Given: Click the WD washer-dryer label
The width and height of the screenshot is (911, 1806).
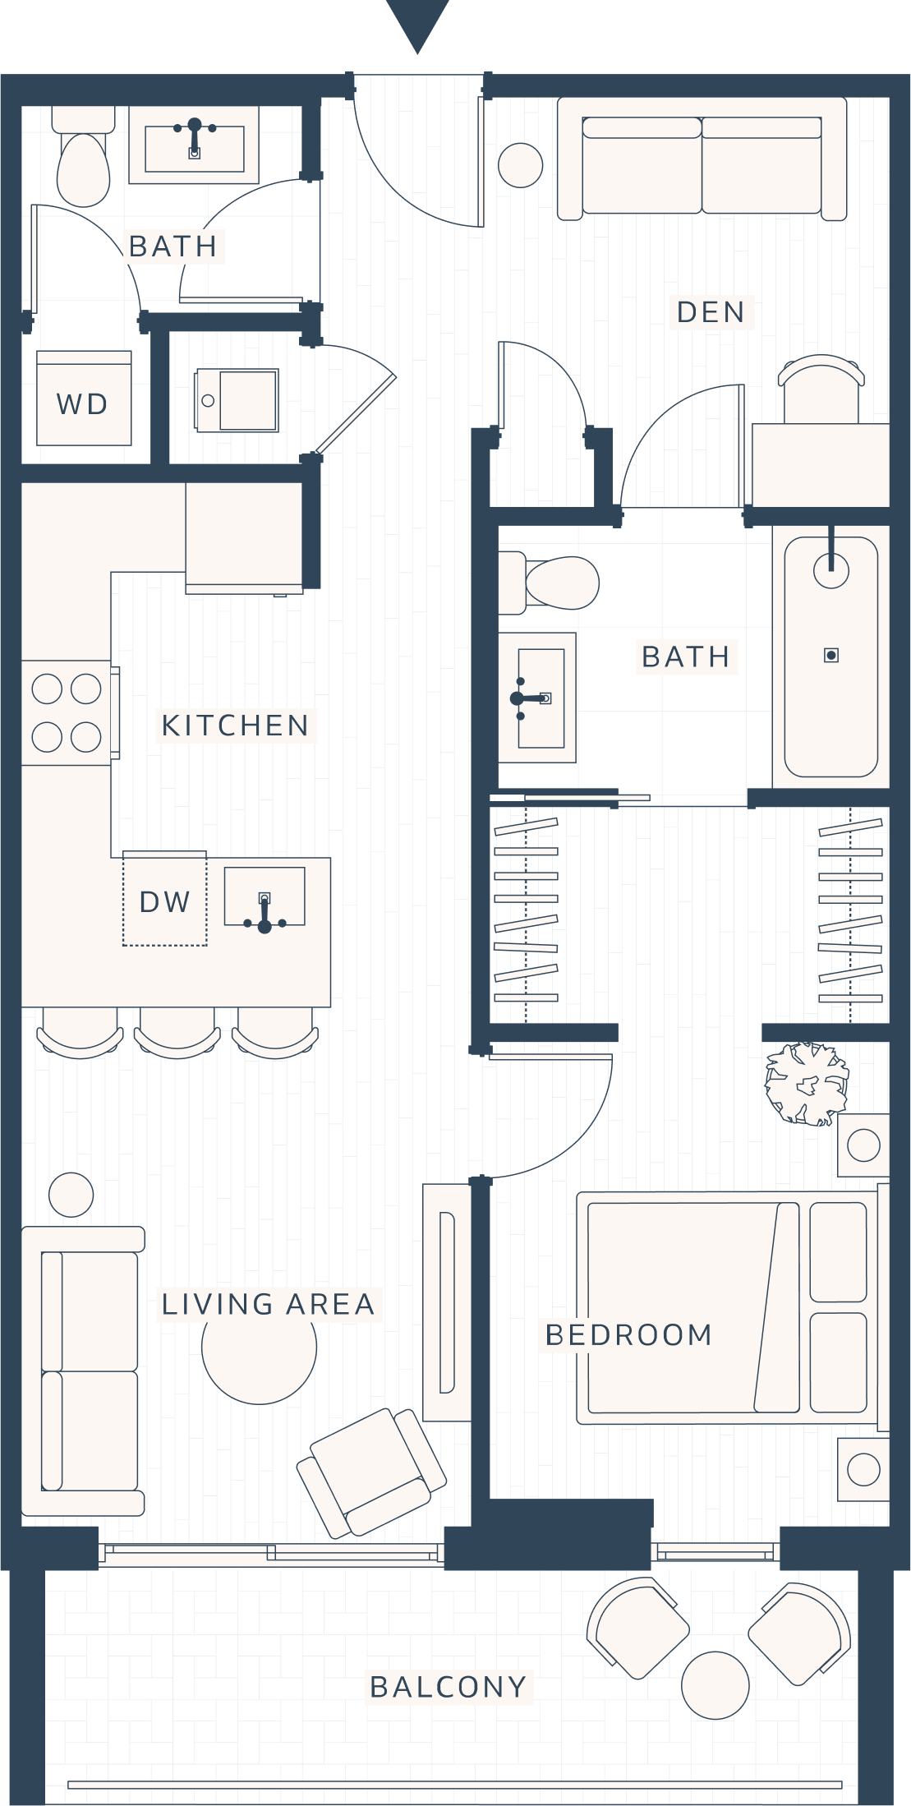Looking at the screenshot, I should click(82, 403).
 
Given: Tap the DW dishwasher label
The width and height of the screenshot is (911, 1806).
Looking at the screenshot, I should click(164, 901).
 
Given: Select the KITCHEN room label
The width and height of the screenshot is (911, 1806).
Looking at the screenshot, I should click(236, 726).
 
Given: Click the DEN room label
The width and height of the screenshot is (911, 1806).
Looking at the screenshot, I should click(711, 312).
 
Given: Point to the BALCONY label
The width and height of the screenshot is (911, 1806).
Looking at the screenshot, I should click(449, 1687).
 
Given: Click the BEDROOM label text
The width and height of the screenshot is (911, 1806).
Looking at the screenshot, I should click(628, 1335).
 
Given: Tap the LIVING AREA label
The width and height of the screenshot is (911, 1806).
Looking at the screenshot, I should click(269, 1304).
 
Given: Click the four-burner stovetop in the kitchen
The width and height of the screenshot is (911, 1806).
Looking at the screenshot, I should click(67, 712).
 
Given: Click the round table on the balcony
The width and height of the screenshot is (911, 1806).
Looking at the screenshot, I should click(715, 1684).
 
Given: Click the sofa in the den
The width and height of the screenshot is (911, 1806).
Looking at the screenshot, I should click(702, 159).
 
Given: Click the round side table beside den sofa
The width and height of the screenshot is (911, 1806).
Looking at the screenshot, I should click(520, 165).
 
